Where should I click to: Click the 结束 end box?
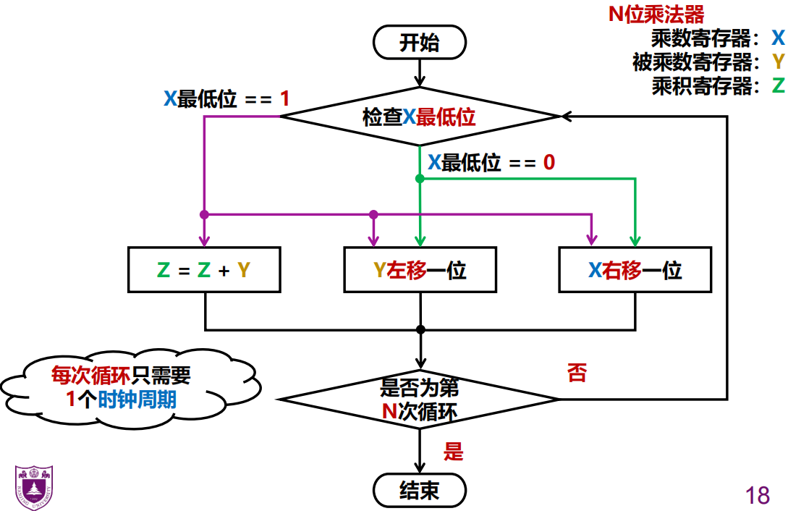[419, 491]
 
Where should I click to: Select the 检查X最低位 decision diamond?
[419, 117]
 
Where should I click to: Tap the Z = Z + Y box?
[204, 270]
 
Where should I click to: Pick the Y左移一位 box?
[420, 270]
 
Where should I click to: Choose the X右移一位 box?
[635, 270]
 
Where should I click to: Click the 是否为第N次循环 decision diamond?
[419, 399]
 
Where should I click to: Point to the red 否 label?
[577, 373]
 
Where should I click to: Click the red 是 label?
[453, 453]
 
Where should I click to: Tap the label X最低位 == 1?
[226, 98]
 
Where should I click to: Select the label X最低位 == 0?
[491, 162]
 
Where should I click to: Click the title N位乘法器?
[656, 14]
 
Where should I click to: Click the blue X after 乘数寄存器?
[777, 38]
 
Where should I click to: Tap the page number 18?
[757, 495]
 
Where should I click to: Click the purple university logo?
[33, 487]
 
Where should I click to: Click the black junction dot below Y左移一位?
[420, 329]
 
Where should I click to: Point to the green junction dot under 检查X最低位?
[419, 178]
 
